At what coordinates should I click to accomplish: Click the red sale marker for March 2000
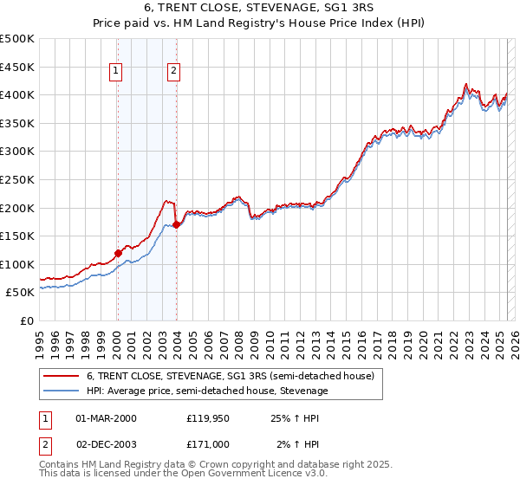(118, 253)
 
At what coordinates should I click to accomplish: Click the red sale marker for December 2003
(176, 224)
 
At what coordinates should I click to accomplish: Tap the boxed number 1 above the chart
(116, 72)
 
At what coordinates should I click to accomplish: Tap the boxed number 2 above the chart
(174, 72)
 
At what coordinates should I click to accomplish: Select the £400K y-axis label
(18, 94)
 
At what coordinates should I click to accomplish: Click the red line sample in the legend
(62, 377)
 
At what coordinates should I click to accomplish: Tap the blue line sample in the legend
(62, 391)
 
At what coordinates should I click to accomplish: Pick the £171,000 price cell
(208, 444)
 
